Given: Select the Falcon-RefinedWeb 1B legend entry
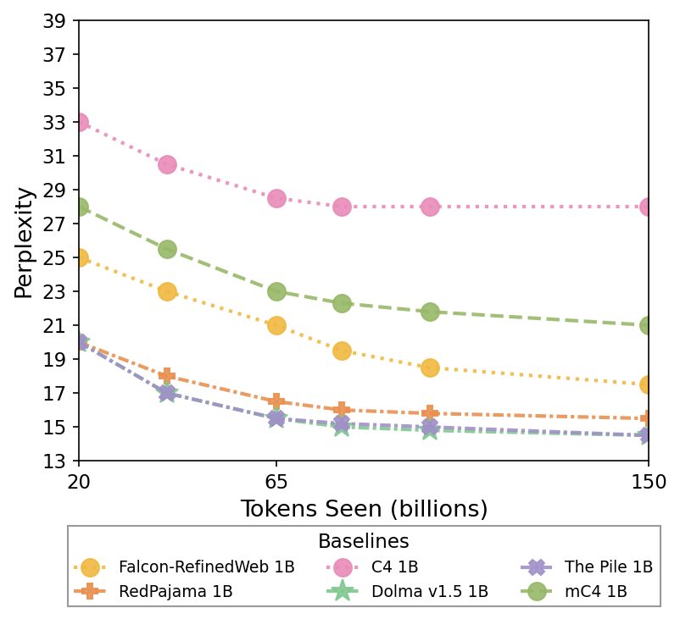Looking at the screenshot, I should click(206, 567).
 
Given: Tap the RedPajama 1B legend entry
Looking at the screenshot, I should click(176, 592).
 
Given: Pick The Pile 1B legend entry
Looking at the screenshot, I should click(608, 567).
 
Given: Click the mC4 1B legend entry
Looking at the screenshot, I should click(595, 592).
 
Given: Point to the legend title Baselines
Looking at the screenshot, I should click(363, 542).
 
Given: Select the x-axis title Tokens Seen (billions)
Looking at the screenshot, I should click(364, 509).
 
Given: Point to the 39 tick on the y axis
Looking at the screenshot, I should click(55, 20).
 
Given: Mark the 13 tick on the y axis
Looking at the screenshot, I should click(55, 461).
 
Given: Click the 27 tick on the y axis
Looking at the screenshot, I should click(55, 224).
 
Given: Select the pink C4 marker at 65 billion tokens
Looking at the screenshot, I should click(276, 198).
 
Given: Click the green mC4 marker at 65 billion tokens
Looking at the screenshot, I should click(276, 291).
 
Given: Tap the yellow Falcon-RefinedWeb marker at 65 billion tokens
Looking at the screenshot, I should click(276, 325).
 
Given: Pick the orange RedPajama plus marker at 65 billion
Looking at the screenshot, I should click(276, 401).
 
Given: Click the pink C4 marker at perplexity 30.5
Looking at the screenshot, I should click(167, 164).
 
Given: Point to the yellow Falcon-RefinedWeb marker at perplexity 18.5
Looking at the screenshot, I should click(430, 368).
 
